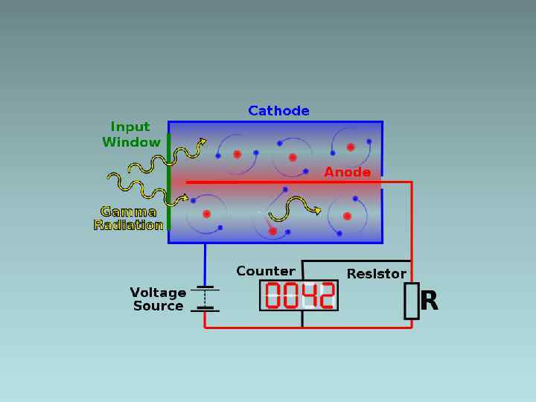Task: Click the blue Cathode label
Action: pyautogui.click(x=278, y=111)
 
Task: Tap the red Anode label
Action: pyautogui.click(x=347, y=172)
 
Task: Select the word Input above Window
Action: pyautogui.click(x=130, y=127)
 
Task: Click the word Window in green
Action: pyautogui.click(x=131, y=142)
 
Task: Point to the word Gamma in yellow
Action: pyautogui.click(x=129, y=211)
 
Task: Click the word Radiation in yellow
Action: pyautogui.click(x=129, y=225)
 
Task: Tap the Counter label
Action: pyautogui.click(x=266, y=271)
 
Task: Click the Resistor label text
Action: pyautogui.click(x=377, y=274)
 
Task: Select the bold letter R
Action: pyautogui.click(x=430, y=301)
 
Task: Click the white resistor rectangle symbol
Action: pyautogui.click(x=412, y=301)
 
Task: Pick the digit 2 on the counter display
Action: pyautogui.click(x=325, y=296)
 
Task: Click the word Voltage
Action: pyautogui.click(x=158, y=293)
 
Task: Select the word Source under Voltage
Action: pyautogui.click(x=158, y=306)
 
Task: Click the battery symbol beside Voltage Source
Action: pyautogui.click(x=205, y=299)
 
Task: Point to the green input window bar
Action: pyautogui.click(x=169, y=182)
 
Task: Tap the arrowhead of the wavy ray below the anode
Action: pyautogui.click(x=318, y=211)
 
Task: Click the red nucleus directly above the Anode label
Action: pyautogui.click(x=351, y=147)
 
